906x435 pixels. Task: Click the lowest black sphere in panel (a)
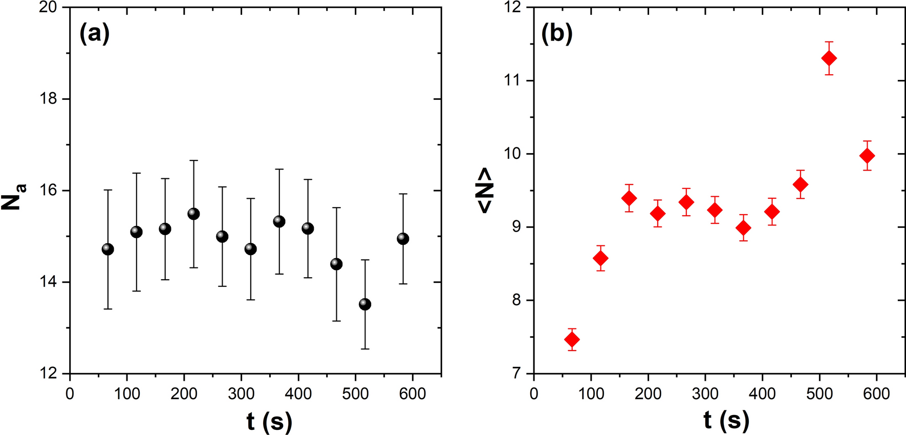(365, 304)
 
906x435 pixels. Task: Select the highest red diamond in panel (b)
(829, 58)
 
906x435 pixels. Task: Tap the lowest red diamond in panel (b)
(572, 340)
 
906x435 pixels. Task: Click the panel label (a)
(95, 34)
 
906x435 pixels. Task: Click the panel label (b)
(557, 34)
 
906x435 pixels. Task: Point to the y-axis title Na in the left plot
(14, 197)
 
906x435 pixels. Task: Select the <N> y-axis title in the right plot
(484, 191)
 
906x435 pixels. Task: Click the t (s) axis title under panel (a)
(269, 421)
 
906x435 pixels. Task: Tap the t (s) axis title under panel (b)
(726, 420)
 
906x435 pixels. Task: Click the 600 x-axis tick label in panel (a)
(413, 393)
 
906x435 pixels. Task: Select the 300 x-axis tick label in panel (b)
(705, 393)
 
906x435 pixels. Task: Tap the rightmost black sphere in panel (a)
(403, 239)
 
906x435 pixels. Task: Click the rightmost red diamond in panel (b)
(867, 156)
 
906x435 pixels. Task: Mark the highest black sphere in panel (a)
(193, 214)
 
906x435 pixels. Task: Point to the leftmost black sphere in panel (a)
(107, 249)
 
